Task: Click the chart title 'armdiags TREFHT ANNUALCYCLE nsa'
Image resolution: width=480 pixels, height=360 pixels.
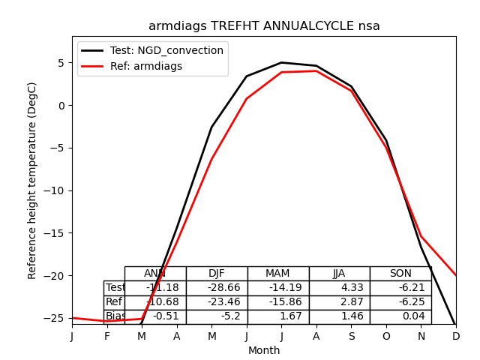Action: pos(264,26)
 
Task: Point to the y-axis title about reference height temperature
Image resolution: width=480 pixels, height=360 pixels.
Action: pos(32,180)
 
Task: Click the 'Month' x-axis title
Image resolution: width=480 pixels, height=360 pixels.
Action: pos(264,350)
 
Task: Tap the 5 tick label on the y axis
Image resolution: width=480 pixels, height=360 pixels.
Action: pos(61,63)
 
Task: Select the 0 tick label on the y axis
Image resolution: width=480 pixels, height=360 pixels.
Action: pos(61,106)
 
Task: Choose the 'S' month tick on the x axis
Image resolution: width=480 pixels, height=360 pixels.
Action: pos(351,337)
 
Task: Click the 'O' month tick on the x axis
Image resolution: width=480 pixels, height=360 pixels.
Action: pos(386,337)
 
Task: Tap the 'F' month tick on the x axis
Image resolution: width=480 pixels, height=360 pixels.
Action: pos(107,337)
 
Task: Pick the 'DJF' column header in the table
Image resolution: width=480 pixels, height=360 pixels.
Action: pos(217,274)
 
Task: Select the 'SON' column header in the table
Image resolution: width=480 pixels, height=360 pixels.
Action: pos(400,274)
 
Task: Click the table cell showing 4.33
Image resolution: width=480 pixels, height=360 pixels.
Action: pos(339,288)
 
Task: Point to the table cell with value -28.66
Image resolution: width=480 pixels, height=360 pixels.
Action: pos(217,288)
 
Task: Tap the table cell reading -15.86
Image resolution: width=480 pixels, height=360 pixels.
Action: pos(278,302)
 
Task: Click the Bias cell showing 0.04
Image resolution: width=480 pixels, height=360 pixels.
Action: pos(400,316)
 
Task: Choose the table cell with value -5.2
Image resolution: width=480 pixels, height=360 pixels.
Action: pos(217,316)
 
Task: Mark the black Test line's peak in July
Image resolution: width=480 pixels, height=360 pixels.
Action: pos(281,62)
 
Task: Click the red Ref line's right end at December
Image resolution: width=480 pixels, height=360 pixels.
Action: pos(455,275)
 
